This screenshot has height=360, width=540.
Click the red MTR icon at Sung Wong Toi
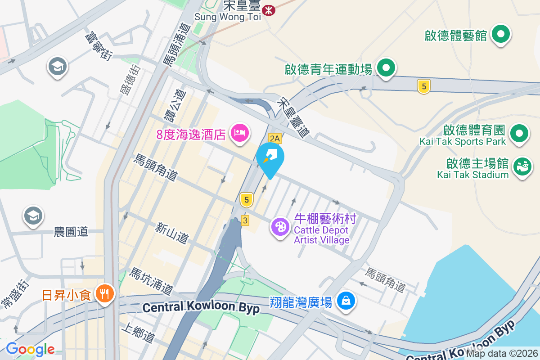pos(269,9)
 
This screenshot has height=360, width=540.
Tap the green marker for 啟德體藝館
pos(500,34)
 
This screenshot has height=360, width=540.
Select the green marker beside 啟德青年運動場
pos(385,68)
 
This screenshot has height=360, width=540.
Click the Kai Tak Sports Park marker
pos(519,133)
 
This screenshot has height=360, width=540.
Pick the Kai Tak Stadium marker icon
pos(522,166)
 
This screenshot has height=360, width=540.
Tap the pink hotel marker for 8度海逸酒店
pos(239,133)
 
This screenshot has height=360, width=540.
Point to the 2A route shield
pos(274,138)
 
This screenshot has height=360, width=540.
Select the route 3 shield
pos(245,220)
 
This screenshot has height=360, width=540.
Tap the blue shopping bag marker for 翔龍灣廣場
pos(346,300)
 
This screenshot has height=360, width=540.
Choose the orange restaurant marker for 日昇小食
pos(105,294)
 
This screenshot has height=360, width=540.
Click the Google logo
pos(30,349)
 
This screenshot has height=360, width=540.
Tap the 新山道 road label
pos(171,233)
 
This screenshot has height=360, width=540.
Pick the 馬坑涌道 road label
pos(151,281)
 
